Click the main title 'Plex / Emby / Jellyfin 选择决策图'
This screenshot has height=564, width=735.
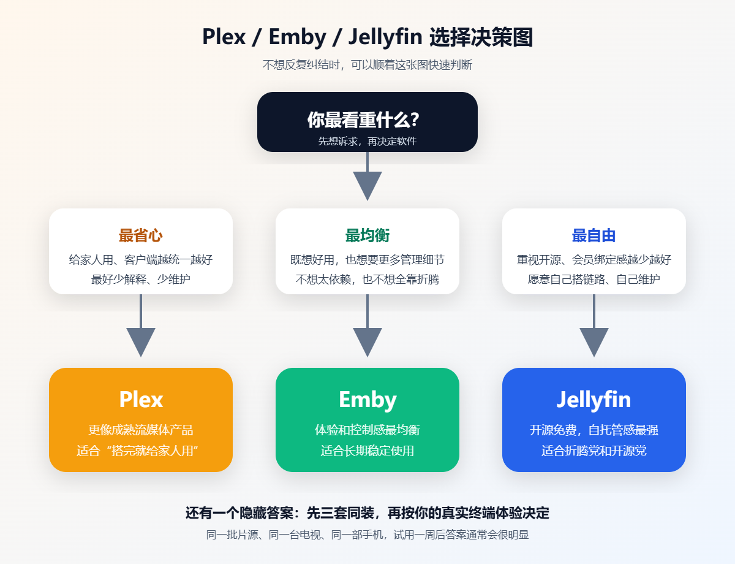367,37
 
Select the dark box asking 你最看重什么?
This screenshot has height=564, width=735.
367,122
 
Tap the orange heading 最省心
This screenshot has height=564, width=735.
141,235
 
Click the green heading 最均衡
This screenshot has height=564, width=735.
367,235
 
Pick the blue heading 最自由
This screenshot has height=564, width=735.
594,235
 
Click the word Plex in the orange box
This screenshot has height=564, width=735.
141,400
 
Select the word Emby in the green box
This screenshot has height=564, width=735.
367,400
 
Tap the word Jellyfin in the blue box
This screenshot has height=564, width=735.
594,400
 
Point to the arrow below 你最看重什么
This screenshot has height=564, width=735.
367,181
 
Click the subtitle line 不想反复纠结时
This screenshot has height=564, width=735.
367,65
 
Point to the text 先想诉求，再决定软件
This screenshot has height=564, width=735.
367,141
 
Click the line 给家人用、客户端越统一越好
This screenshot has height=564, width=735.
141,259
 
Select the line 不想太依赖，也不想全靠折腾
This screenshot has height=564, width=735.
367,280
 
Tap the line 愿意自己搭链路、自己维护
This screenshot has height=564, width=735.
594,280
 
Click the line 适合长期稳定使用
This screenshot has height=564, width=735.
367,451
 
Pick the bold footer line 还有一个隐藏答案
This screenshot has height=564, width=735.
367,513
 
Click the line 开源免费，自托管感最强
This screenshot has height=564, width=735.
594,430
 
